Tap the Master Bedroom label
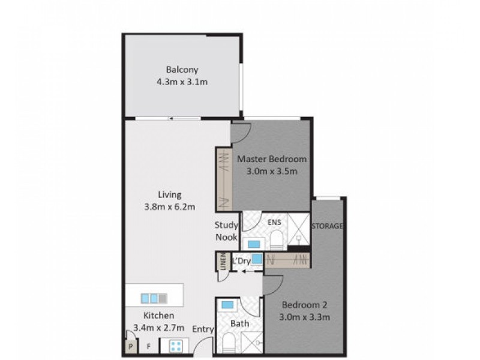[272, 160]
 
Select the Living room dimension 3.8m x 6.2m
[170, 208]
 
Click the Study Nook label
[226, 231]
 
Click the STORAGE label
[328, 226]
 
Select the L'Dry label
[241, 260]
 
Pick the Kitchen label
[158, 316]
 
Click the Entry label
[202, 329]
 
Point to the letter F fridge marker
[148, 346]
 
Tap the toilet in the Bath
[229, 344]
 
